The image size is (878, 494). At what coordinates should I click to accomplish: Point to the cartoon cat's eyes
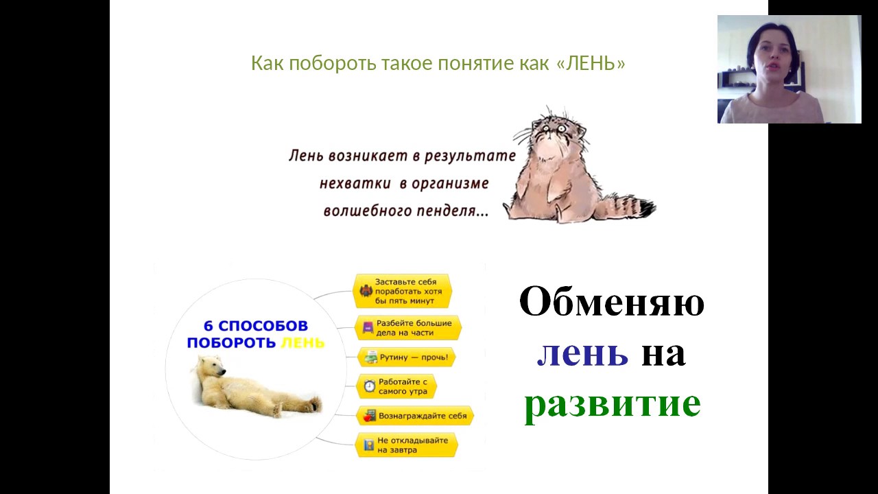coord(553,128)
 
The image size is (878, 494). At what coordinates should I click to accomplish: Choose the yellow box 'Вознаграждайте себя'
coord(415,416)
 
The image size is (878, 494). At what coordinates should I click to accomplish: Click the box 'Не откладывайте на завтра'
coord(406,445)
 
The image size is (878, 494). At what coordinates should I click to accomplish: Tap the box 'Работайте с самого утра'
coord(396,386)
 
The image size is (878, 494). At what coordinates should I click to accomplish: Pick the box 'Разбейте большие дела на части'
coord(407,328)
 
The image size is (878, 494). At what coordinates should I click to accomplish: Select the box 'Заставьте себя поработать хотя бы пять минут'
coord(403,292)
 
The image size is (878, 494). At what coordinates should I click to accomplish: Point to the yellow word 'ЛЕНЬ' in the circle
coord(303,343)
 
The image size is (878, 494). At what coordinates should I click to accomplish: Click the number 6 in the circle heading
coord(209,326)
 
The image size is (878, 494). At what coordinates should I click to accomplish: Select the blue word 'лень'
coord(582,353)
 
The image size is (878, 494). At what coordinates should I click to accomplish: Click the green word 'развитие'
coord(613,405)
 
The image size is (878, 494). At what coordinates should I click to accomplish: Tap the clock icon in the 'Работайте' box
coord(369,386)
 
